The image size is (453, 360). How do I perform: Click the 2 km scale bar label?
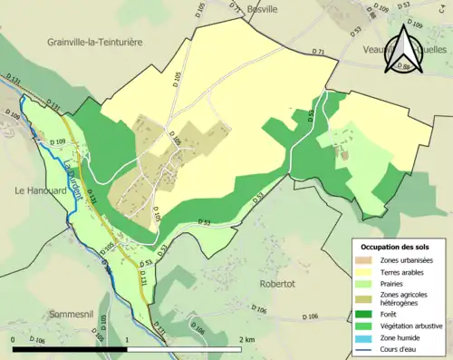[246, 338]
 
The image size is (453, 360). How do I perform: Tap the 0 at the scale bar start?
[14, 338]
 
